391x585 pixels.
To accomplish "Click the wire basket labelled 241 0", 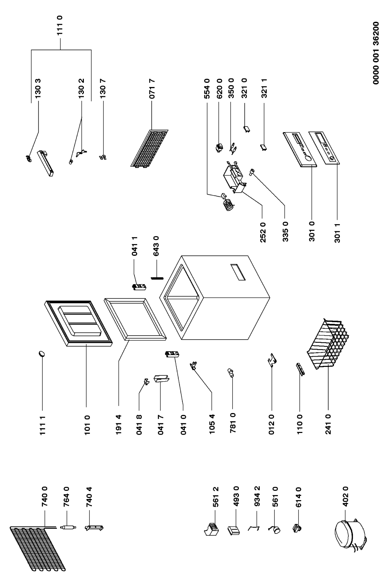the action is tap(328, 344).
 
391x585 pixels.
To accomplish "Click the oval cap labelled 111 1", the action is tap(42, 354).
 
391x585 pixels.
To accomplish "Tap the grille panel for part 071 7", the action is tap(149, 148).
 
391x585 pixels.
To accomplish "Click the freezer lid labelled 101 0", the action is tap(79, 323).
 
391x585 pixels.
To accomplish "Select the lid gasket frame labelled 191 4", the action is tap(135, 319).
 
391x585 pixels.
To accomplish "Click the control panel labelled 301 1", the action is tap(324, 147).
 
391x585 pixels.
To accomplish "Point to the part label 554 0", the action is tap(207, 88).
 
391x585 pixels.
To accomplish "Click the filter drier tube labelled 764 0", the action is tap(68, 528).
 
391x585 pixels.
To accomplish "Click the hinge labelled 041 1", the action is tap(139, 287).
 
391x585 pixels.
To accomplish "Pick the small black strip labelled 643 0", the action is tap(157, 278).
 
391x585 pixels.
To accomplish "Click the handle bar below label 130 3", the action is tap(46, 163).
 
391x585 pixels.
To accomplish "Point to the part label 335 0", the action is tap(285, 232).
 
